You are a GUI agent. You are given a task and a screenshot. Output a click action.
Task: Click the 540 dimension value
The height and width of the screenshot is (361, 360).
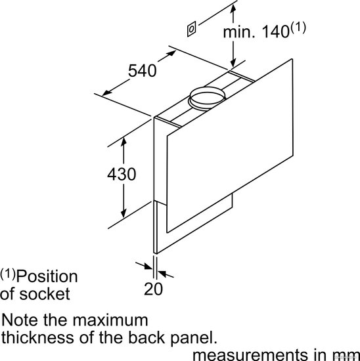(142, 71)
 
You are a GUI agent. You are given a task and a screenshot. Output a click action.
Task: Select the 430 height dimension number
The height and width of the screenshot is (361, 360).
(122, 174)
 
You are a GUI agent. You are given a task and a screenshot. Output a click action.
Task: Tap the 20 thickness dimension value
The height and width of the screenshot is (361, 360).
(153, 289)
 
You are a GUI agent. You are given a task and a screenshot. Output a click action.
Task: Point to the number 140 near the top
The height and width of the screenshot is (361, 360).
(275, 32)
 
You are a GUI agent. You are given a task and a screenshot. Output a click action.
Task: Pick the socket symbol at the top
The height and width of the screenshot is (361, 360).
(192, 29)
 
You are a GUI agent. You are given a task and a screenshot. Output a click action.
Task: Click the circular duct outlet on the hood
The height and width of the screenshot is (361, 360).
(207, 98)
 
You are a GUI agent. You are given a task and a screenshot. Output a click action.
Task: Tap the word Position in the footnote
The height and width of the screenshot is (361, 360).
(47, 277)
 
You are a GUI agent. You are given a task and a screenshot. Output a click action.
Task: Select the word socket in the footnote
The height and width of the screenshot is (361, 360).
(45, 294)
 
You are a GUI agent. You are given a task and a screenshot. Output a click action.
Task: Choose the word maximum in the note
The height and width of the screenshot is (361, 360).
(110, 320)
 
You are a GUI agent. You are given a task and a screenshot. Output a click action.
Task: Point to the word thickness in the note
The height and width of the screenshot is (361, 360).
(37, 337)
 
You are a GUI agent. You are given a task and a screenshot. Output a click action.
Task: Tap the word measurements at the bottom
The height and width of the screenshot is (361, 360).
(250, 355)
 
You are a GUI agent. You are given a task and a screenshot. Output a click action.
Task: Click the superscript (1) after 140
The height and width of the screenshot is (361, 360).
(298, 28)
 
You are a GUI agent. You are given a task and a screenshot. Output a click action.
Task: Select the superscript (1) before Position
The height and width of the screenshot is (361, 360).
(8, 274)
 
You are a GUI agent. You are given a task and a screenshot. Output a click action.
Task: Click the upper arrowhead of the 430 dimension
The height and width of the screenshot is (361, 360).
(124, 141)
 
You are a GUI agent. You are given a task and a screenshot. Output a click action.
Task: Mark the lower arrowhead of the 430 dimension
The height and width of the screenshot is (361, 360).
(124, 214)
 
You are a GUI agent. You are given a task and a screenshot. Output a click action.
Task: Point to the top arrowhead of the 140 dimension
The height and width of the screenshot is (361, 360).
(233, 9)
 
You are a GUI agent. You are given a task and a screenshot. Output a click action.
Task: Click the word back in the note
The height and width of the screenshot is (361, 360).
(146, 337)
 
